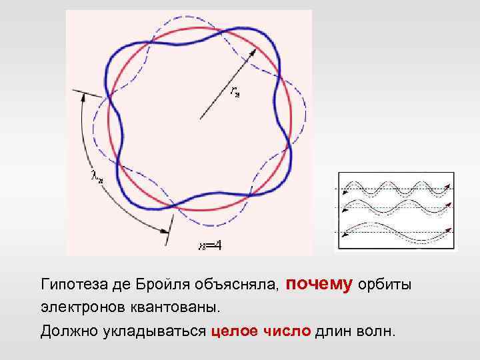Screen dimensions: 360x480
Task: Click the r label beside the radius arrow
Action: [x=235, y=91]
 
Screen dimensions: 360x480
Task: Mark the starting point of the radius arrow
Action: [x=199, y=120]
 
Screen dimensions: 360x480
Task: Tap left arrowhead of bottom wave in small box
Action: [x=344, y=233]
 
